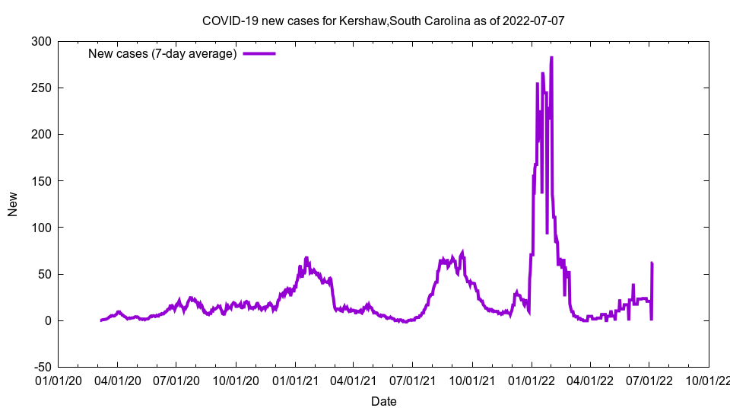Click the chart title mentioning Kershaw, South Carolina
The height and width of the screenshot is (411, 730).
pos(383,21)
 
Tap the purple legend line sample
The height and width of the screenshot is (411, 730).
pos(259,54)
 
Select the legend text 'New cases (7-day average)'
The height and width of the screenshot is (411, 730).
pos(163,54)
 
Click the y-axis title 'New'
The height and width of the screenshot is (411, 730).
pos(13,204)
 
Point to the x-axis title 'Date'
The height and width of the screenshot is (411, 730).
pos(383,401)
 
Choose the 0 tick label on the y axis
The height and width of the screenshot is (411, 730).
pos(49,320)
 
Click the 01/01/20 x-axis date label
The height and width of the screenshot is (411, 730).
pos(59,380)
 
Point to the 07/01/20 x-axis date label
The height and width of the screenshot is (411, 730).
pos(176,380)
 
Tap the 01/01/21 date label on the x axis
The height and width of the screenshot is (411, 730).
pos(295,380)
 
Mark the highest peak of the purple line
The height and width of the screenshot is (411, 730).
pos(551,58)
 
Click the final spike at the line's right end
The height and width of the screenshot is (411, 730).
pos(652,263)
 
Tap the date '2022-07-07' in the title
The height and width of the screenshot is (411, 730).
pos(532,21)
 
